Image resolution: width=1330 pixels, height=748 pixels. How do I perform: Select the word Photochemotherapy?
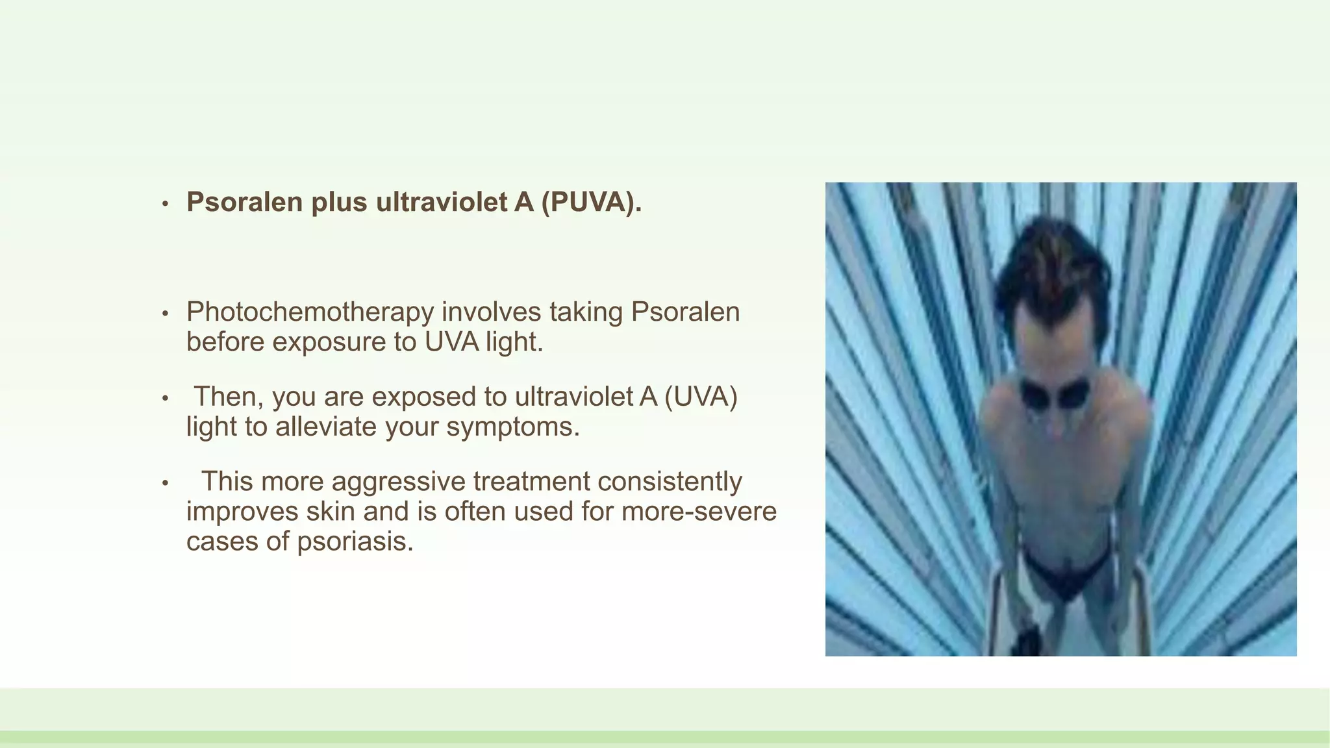tap(310, 312)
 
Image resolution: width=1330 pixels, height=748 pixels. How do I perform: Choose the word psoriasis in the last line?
tap(355, 542)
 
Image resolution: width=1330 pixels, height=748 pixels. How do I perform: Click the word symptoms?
tap(513, 427)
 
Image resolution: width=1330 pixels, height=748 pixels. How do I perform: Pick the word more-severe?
tap(699, 512)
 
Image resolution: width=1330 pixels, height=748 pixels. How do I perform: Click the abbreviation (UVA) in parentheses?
tap(701, 397)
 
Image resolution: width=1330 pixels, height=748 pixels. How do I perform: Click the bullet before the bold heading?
tap(166, 204)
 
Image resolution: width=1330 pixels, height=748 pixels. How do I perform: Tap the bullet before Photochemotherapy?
tap(166, 314)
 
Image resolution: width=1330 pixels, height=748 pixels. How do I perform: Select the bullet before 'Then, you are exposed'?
tap(166, 399)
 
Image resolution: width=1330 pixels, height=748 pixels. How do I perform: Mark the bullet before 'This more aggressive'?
tap(166, 484)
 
